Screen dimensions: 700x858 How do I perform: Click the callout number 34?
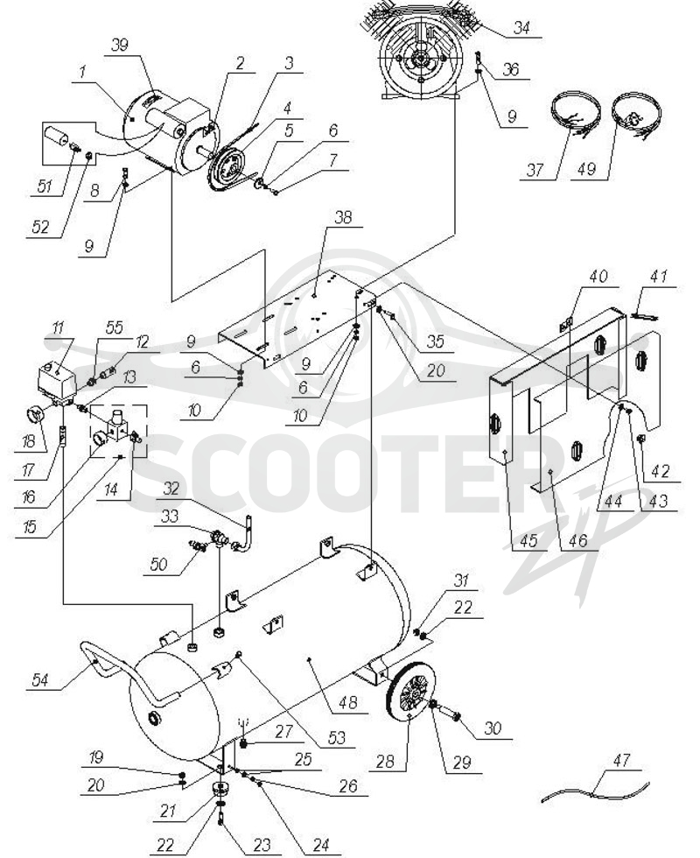coord(521,27)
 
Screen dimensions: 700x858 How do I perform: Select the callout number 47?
coord(621,760)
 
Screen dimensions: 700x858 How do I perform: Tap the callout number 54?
coord(40,680)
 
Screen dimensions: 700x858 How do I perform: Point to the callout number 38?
coord(343,217)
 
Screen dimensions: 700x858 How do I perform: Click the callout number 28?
coord(385,761)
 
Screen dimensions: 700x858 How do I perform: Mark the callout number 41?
coord(658,276)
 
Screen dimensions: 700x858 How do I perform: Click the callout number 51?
coord(44,186)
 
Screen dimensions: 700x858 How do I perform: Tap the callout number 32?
coord(171,489)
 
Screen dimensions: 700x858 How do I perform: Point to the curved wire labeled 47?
coord(596,790)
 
